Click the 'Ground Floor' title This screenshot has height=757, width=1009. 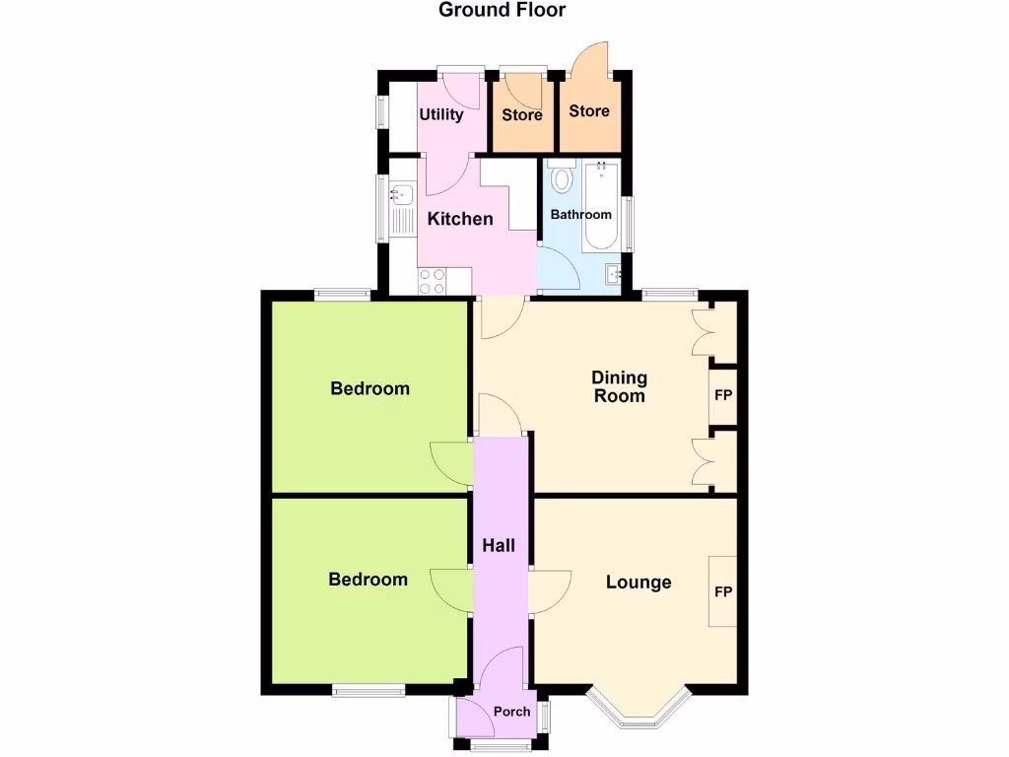coord(502,10)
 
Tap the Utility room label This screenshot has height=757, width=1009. coord(440,114)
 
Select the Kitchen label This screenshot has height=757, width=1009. coord(460,218)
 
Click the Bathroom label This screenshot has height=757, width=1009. coord(580,214)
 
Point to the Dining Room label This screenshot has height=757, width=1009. coord(619,386)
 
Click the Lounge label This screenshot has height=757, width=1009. coord(639,583)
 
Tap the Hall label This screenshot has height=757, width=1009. coord(499,545)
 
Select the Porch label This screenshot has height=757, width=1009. coord(511,711)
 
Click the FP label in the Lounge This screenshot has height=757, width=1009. coord(723,591)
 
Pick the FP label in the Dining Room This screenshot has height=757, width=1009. coord(723,396)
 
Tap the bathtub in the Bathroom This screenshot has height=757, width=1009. coord(600,207)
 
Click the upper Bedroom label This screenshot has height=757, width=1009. coord(370,388)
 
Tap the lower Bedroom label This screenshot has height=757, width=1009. coord(368,580)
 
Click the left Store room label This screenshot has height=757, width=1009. coord(522,114)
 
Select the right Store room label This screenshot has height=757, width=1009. coord(589,111)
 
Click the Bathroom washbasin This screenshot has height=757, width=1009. coord(614,273)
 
